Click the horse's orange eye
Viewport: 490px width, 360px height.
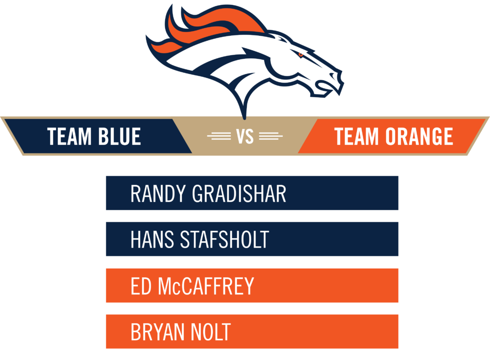301,55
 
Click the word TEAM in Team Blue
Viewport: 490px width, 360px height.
69,136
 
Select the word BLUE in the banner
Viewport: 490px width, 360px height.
120,136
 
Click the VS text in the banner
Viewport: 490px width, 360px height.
245,136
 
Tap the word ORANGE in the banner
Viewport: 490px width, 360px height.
419,136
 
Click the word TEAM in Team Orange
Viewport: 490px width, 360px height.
356,136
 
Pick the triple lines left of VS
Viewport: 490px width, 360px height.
219,136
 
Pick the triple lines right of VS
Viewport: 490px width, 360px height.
271,136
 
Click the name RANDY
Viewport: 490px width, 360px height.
158,194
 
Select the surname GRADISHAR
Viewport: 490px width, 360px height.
239,194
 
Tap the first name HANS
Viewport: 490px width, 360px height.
152,240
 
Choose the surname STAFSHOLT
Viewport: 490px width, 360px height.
225,240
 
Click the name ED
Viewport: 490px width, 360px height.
141,286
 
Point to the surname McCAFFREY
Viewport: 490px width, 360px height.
206,286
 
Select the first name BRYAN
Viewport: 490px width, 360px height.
157,332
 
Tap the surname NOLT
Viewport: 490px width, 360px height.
211,332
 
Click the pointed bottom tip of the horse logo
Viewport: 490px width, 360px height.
245,119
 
